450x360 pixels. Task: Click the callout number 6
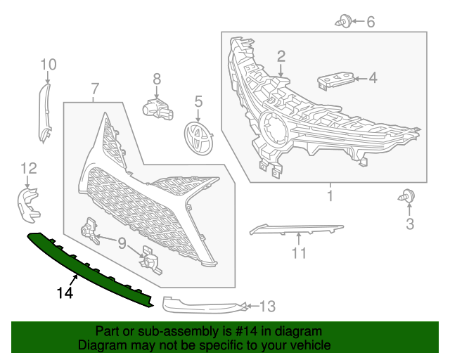click(x=370, y=22)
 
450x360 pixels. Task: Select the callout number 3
click(x=409, y=224)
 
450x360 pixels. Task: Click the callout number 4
click(x=373, y=78)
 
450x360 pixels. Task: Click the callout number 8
click(x=157, y=79)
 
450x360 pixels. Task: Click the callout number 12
click(x=28, y=167)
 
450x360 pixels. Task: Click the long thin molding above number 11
click(x=295, y=229)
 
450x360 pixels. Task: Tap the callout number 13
click(x=267, y=307)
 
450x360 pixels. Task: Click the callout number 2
click(x=281, y=56)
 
